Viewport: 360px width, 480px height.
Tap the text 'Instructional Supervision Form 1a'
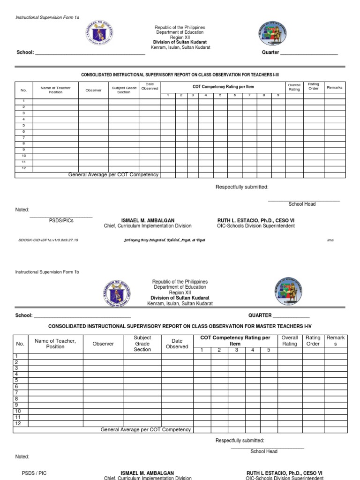[x=47, y=17]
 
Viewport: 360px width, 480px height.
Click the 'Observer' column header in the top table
[x=93, y=90]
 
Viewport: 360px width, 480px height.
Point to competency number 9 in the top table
[x=277, y=96]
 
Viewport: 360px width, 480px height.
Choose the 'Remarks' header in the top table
[x=335, y=88]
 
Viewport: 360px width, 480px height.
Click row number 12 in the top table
[x=24, y=168]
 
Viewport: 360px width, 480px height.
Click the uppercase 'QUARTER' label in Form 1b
[x=260, y=315]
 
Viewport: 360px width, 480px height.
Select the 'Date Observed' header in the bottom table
[x=177, y=344]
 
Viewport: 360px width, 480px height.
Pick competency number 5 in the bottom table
[x=268, y=350]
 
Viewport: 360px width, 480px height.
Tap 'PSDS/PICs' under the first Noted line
[x=61, y=220]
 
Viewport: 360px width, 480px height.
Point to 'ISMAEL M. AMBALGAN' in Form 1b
[x=147, y=473]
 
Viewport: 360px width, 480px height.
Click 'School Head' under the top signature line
[x=302, y=204]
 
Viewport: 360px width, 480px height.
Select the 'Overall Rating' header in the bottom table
[x=289, y=341]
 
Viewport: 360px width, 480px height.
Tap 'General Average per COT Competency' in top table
[x=113, y=175]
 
